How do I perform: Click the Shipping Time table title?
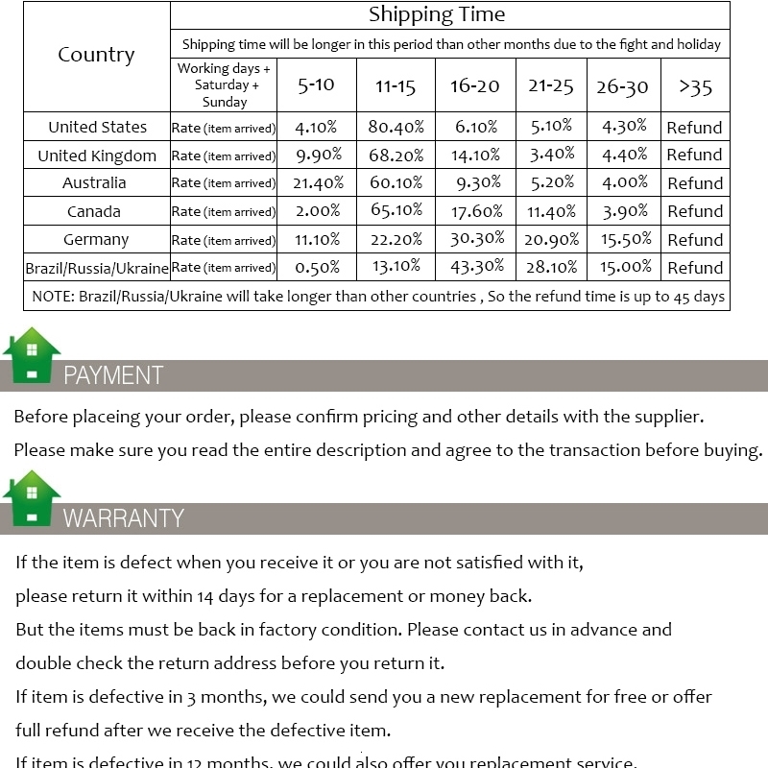437,15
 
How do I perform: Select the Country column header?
96,55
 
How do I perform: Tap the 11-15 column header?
396,86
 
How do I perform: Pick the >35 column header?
695,86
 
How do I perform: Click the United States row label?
97,127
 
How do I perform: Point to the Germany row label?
96,239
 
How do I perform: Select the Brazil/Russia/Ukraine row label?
97,268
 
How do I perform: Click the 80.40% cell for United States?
396,127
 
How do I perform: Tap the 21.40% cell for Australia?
317,182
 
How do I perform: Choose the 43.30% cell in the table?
475,268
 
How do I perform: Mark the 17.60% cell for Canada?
475,211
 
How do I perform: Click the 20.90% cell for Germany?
551,239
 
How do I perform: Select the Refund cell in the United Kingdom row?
694,155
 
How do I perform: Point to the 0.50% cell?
317,268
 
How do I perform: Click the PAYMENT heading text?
113,375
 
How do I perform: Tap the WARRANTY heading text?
123,518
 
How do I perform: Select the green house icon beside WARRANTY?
32,498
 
